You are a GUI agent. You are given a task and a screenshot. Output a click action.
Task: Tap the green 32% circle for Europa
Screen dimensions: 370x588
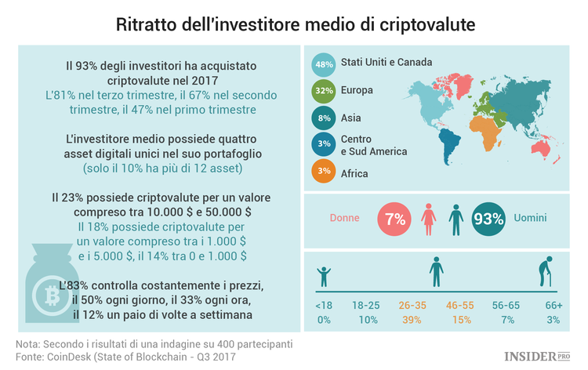pos(323,92)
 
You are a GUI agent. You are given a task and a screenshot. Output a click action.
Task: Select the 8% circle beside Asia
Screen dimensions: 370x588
pos(323,118)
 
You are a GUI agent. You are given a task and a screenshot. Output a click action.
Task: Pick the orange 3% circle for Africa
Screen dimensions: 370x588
pos(323,172)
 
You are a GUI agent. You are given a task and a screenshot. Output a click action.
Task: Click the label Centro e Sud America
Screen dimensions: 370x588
pos(363,145)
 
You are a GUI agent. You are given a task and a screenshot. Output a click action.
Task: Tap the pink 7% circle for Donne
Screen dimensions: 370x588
pos(394,219)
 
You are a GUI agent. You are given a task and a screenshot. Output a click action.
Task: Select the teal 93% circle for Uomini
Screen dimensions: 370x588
pos(488,219)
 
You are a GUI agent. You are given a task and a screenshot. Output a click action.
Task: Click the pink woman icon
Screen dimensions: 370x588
pos(428,218)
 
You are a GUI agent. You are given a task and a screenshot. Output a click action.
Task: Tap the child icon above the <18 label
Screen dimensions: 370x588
pos(324,277)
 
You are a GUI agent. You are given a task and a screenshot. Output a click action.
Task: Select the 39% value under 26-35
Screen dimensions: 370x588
pos(410,320)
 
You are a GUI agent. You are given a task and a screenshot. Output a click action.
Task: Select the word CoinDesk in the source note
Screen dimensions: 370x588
pos(74,357)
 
